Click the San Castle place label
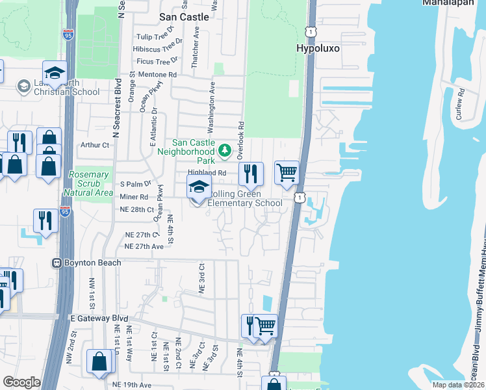[x=185, y=17]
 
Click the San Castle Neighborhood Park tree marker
[x=224, y=151]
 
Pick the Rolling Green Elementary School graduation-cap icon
[x=199, y=189]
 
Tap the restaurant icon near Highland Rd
[x=250, y=174]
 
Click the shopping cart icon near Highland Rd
[x=287, y=173]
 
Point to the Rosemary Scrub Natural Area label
[x=88, y=184]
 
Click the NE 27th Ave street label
[x=144, y=247]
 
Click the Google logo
[x=21, y=382]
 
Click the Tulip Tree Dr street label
[x=154, y=37]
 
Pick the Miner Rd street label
[x=134, y=196]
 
